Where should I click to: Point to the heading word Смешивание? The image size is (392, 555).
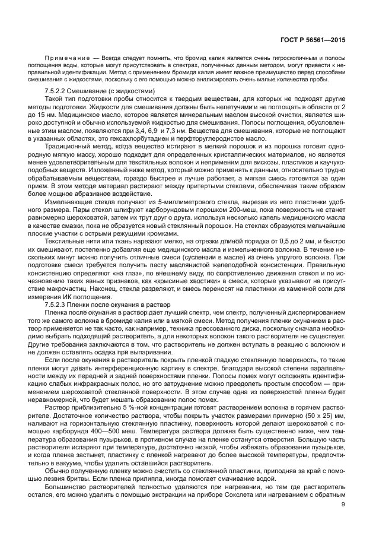[110, 91]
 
